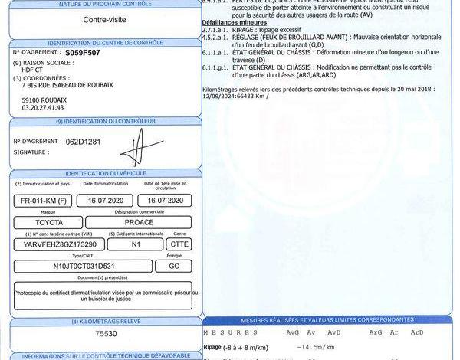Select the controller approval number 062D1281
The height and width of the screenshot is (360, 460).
(x=83, y=142)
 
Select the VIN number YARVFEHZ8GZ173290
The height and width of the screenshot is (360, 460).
(x=60, y=244)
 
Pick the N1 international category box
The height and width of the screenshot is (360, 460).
(x=135, y=244)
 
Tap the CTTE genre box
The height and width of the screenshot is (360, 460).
(x=179, y=244)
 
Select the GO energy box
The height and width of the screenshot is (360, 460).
(x=172, y=266)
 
